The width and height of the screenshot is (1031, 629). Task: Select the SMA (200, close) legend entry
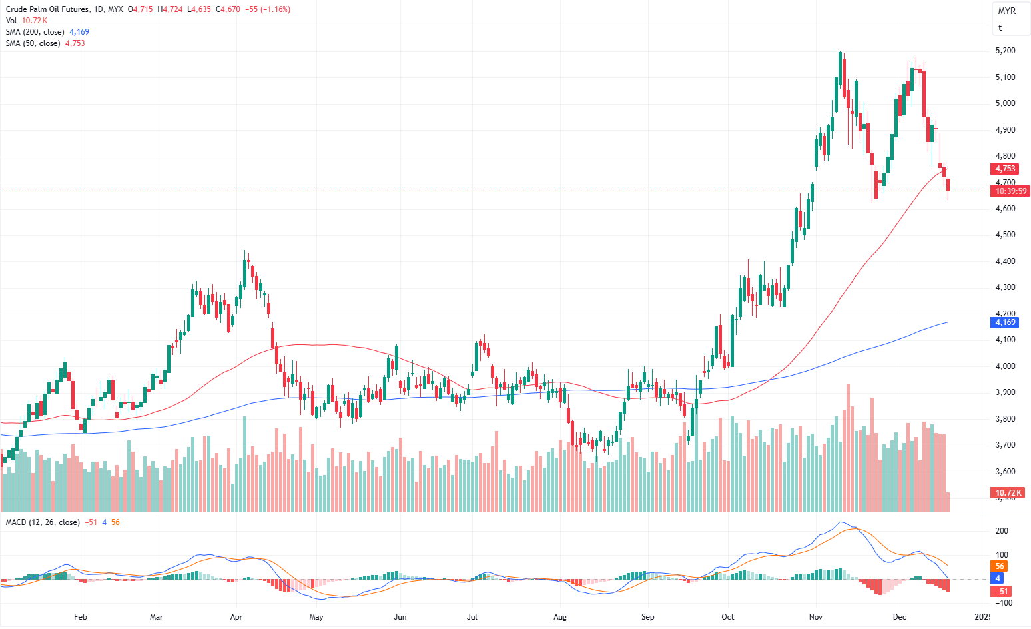[x=35, y=32]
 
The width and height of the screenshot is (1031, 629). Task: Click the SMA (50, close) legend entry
[x=33, y=43]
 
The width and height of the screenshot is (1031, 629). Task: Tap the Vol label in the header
[x=11, y=21]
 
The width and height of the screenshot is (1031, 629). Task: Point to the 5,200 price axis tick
[x=1005, y=51]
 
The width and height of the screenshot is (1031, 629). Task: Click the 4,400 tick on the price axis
[x=1005, y=261]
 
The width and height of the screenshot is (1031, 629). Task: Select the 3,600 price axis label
[x=1005, y=472]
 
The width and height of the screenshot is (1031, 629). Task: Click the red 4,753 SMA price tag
[x=1005, y=169]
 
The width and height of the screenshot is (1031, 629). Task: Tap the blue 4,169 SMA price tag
[x=1005, y=322]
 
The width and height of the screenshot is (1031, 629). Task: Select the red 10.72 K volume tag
[x=1008, y=493]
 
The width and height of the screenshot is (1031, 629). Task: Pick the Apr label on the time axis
[x=236, y=617]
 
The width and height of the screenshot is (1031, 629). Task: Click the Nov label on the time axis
[x=815, y=617]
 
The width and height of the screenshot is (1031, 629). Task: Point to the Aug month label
[x=560, y=617]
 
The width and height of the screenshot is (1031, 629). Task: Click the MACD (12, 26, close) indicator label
[x=43, y=522]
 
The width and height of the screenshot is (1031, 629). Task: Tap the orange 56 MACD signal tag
[x=1000, y=566]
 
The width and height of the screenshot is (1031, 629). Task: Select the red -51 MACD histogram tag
[x=1002, y=592]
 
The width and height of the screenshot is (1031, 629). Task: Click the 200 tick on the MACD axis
[x=1001, y=531]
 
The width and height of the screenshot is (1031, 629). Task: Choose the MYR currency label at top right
[x=1006, y=11]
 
